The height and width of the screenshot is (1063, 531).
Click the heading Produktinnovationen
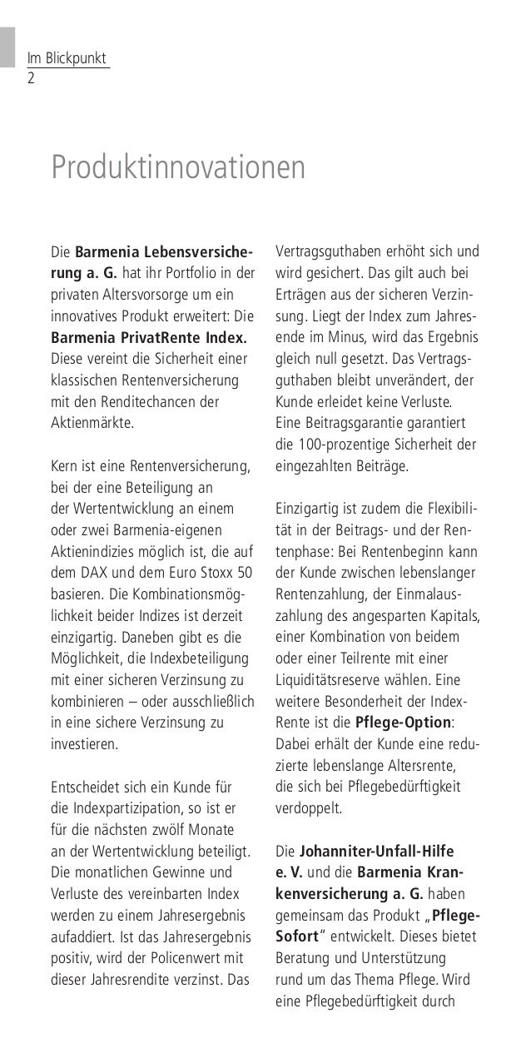179,167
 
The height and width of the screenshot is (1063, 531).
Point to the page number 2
31,79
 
